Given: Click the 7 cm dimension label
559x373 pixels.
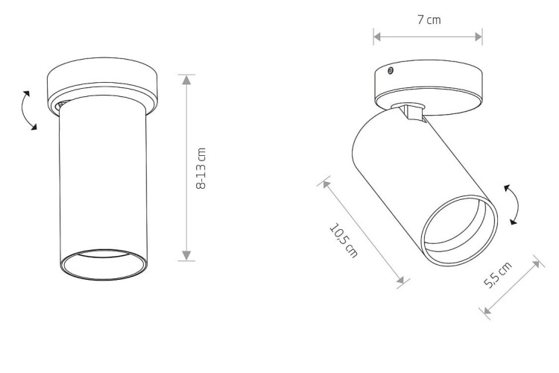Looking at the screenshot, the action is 429,19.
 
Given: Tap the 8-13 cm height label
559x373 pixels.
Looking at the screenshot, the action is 201,169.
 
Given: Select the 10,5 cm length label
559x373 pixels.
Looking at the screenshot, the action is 343,240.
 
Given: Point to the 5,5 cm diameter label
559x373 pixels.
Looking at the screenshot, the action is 498,274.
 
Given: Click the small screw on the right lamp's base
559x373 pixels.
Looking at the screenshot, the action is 391,71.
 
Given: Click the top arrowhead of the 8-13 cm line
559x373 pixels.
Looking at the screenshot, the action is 186,80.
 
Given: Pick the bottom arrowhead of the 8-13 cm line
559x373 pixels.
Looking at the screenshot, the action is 186,255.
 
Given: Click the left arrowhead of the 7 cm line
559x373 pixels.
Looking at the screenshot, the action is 378,37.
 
